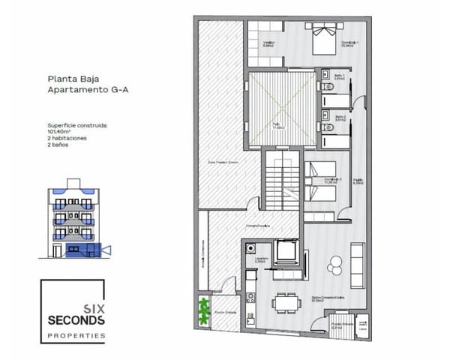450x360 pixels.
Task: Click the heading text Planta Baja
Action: point(72,77)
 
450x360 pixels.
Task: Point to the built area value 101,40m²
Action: point(62,131)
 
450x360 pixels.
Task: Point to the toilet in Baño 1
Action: point(323,88)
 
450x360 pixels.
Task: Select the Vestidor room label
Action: point(268,43)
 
